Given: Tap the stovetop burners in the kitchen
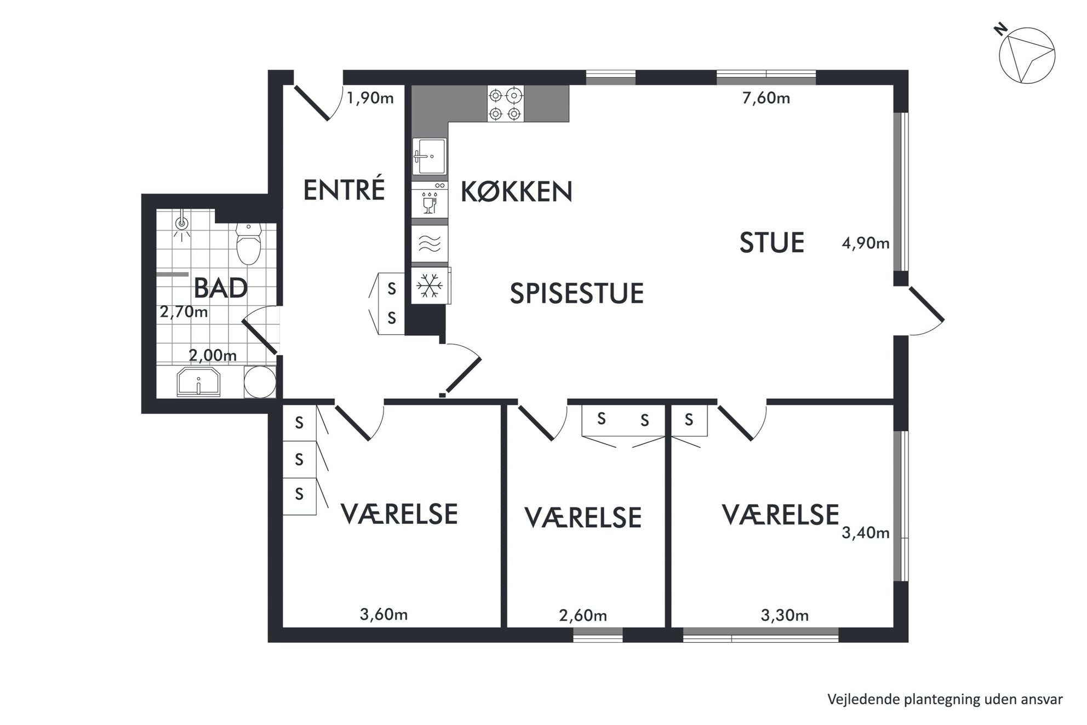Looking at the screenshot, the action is (x=505, y=104).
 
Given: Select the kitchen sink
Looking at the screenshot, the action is (x=429, y=156).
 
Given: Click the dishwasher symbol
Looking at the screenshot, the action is (x=430, y=200).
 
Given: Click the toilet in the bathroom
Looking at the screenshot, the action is (x=249, y=243).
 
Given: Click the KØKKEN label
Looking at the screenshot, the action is (x=517, y=191).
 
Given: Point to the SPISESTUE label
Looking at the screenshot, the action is (x=576, y=293).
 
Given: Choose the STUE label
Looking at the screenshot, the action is (x=771, y=242).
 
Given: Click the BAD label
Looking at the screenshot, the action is (x=220, y=288).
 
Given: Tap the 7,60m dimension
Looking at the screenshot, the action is (x=766, y=98).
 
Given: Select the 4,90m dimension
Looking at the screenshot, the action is (x=866, y=243).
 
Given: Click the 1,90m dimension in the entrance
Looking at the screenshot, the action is (x=370, y=98).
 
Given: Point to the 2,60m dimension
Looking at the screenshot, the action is (x=583, y=615).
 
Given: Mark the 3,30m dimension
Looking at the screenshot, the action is (x=785, y=615).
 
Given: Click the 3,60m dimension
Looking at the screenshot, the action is (x=384, y=614).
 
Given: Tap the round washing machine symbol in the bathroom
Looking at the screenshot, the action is (x=260, y=382).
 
